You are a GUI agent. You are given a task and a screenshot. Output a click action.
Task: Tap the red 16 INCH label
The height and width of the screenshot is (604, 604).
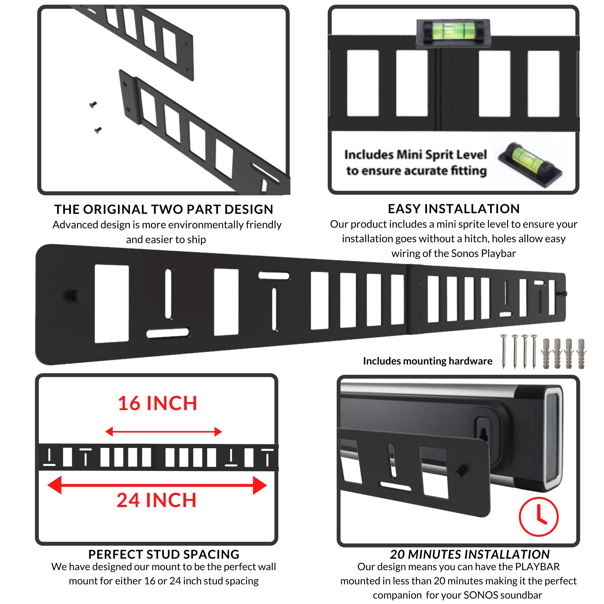(x=157, y=403)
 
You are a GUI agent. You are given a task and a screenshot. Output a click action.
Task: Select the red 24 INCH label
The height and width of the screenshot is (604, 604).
(x=157, y=500)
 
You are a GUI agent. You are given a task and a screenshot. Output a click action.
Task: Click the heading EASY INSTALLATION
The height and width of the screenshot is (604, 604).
(x=454, y=209)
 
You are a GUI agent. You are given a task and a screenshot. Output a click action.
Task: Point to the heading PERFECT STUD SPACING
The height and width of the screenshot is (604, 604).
(x=164, y=554)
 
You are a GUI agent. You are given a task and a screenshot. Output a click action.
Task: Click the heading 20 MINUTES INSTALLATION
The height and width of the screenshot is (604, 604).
(x=470, y=554)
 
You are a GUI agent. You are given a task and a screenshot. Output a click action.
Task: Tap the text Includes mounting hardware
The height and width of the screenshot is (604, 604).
(x=427, y=361)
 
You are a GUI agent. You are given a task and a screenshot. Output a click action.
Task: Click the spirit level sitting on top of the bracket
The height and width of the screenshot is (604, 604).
(x=453, y=33)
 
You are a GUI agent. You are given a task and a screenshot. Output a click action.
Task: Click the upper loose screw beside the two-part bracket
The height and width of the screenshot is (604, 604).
(x=93, y=105)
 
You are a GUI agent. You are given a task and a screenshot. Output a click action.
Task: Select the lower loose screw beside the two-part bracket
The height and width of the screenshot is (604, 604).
(x=98, y=130)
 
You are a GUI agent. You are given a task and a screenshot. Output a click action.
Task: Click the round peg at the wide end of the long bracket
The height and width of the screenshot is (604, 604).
(x=75, y=295)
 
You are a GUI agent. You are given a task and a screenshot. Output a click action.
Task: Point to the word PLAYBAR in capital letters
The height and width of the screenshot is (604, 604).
(x=537, y=567)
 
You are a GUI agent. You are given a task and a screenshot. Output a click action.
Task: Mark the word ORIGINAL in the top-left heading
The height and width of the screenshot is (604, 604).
(x=115, y=210)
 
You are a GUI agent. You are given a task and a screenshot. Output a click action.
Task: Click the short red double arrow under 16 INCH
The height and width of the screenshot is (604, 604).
(x=163, y=432)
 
